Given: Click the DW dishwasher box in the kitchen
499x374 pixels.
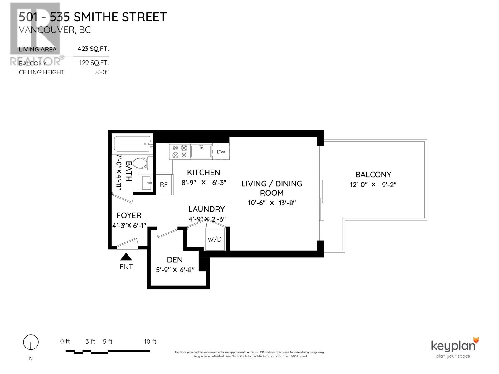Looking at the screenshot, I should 221,152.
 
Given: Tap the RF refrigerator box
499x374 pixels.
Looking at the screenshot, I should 164,185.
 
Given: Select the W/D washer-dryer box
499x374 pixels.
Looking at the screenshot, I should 215,239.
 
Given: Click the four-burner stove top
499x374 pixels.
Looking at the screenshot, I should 180,151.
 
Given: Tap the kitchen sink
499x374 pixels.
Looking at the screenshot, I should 201,151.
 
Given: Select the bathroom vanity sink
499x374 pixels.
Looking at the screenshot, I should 147,183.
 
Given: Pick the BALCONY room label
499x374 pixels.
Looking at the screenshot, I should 373,175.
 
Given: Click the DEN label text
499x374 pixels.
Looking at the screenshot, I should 175,260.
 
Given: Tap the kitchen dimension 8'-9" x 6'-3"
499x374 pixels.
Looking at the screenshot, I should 204,183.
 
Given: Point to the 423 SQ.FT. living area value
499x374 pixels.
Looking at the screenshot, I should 93,49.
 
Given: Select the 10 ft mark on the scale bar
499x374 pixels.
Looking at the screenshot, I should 150,342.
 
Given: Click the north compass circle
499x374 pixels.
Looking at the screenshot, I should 31,343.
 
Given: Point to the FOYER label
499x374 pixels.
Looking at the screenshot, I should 129,215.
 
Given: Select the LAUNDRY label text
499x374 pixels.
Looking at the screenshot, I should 206,209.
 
